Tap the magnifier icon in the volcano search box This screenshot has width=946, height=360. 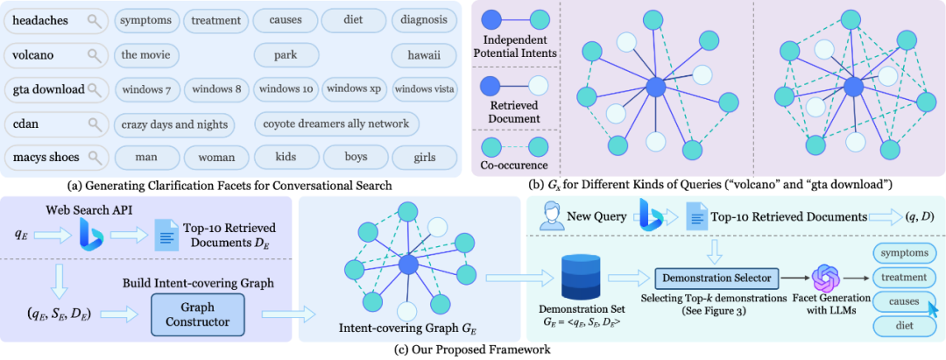pyautogui.click(x=94, y=55)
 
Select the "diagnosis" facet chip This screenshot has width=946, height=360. pyautogui.click(x=425, y=19)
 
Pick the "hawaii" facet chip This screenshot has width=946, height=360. pyautogui.click(x=425, y=55)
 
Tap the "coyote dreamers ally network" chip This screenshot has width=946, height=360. pyautogui.click(x=336, y=124)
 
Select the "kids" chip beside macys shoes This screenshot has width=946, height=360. pyautogui.click(x=286, y=158)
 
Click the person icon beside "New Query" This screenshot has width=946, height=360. pyautogui.click(x=549, y=215)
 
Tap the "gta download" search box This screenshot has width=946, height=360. pyautogui.click(x=56, y=89)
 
